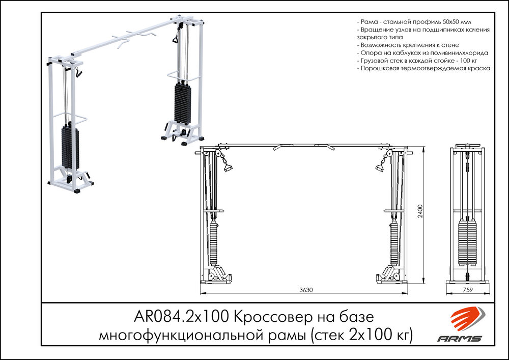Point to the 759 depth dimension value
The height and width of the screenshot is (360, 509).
pos(468,290)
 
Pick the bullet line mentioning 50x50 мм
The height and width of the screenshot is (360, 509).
pos(414,23)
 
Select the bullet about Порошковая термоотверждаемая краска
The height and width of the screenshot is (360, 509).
pos(423,68)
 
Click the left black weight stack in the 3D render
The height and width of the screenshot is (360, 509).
pos(71,148)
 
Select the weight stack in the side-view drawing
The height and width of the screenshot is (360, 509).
pos(468,242)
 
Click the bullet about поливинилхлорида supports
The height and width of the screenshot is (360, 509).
pos(423,53)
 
